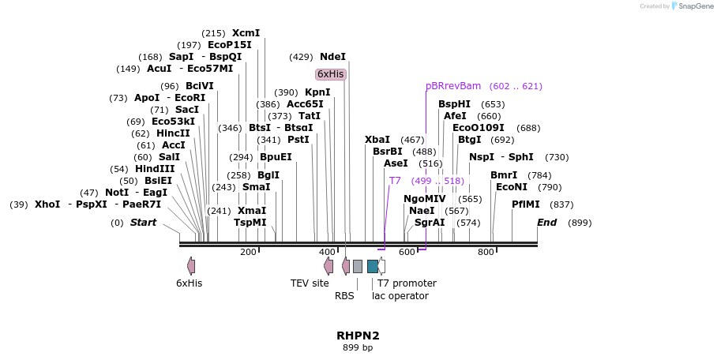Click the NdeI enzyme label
332,57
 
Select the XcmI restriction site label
246,33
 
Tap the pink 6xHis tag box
330,74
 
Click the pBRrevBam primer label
453,86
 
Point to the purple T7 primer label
395,181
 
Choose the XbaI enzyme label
377,140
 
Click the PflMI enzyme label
526,204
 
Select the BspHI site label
454,104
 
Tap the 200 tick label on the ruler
248,252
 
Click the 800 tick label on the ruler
486,252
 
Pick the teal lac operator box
373,266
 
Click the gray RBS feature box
358,266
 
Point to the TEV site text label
310,283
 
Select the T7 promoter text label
407,283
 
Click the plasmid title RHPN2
358,336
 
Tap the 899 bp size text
358,347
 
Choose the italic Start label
144,223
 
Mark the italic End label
547,223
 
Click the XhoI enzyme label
47,204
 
